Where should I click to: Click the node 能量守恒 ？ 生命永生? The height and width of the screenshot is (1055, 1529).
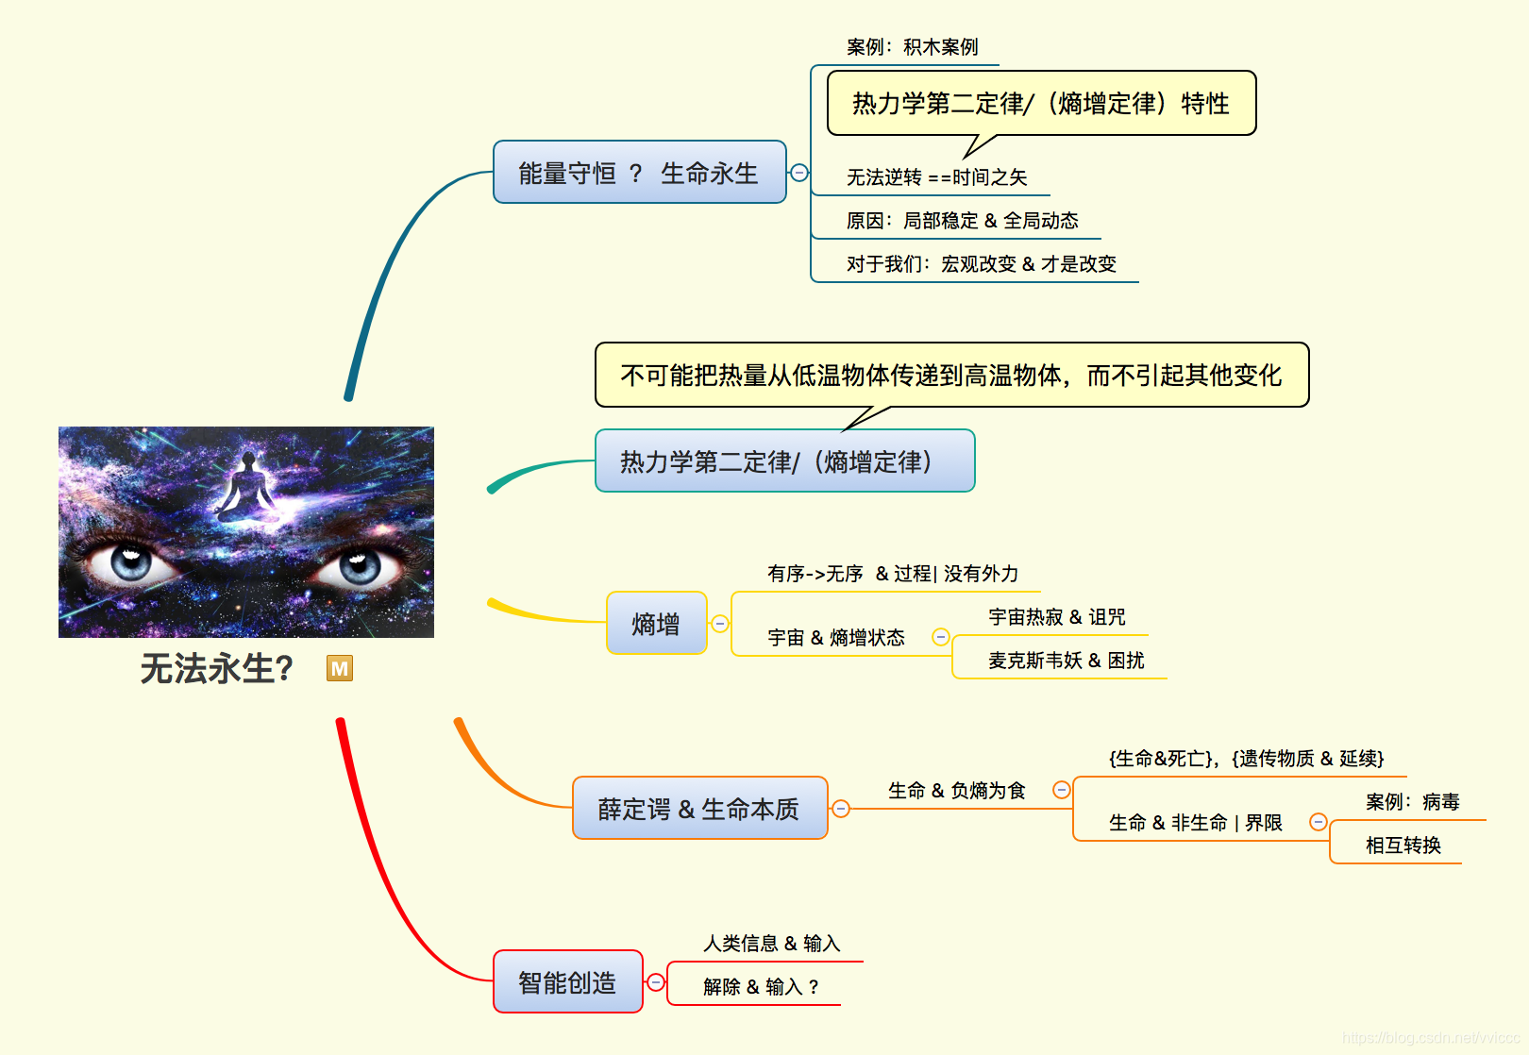point(639,173)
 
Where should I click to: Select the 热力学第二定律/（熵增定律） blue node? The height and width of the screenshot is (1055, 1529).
point(784,461)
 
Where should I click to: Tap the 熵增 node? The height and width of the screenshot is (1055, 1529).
point(656,624)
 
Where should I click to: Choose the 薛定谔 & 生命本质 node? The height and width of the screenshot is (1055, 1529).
point(699,809)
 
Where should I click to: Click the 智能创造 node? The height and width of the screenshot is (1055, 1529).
point(567,982)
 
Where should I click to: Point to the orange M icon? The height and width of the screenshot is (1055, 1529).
point(340,668)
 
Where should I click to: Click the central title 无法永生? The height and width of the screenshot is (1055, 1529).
point(216,668)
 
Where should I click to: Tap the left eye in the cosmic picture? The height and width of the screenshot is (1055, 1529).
point(130,563)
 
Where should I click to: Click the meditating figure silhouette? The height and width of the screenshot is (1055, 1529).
point(247,486)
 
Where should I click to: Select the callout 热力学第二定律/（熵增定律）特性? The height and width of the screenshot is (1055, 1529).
point(1041,103)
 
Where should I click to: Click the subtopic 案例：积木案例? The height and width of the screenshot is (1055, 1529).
point(912,47)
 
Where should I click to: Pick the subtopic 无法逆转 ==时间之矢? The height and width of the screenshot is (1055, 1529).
point(936,177)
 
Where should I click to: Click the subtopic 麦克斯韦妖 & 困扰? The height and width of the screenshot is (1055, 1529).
point(1066,661)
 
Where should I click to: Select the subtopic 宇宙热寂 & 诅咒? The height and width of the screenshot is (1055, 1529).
point(1056,617)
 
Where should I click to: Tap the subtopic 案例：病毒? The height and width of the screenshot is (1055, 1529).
point(1412,802)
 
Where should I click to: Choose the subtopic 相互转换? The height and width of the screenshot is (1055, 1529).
point(1403,846)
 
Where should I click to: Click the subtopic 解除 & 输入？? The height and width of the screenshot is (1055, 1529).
point(761,987)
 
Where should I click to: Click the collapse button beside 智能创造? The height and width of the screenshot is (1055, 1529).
point(656,982)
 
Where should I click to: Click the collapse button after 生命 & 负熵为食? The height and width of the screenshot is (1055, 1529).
point(1062,790)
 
